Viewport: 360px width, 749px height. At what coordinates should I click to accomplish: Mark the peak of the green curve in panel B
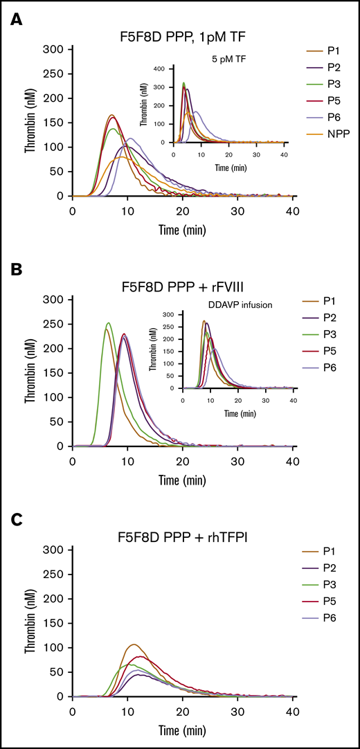[108, 323]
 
